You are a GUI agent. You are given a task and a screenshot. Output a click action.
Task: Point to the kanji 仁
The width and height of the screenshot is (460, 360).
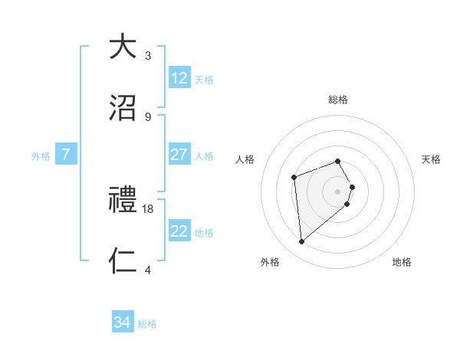123,261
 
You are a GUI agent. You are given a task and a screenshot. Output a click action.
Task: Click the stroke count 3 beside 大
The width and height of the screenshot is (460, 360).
148,56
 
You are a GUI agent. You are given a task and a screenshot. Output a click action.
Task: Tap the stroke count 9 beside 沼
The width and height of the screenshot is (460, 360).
148,117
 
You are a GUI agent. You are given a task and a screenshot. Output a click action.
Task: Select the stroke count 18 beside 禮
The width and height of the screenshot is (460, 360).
149,209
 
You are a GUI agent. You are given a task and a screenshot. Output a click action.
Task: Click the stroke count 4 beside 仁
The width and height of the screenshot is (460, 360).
148,270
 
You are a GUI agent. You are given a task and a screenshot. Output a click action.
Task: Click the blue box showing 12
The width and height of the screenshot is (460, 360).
179,78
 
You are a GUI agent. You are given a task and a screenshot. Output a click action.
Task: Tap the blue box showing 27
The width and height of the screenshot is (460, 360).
179,155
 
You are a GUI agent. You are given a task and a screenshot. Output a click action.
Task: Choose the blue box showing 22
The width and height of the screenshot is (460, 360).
179,231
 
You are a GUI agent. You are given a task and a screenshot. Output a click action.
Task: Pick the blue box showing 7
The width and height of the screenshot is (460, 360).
66,155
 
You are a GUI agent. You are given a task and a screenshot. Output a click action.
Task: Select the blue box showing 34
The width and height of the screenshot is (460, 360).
123,322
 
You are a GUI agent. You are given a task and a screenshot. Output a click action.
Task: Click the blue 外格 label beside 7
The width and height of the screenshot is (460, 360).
41,155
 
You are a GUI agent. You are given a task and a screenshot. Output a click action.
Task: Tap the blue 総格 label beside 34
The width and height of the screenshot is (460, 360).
147,324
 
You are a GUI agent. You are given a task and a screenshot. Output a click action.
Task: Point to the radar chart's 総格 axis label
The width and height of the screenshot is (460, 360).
338,100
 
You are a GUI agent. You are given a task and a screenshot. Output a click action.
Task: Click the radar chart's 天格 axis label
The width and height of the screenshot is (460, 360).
432,159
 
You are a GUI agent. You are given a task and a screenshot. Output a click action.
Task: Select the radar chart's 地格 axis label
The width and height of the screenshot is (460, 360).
402,263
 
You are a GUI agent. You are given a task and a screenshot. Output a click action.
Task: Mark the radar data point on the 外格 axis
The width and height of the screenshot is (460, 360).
302,242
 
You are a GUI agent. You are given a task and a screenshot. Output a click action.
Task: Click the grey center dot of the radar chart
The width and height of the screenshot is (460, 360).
338,191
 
